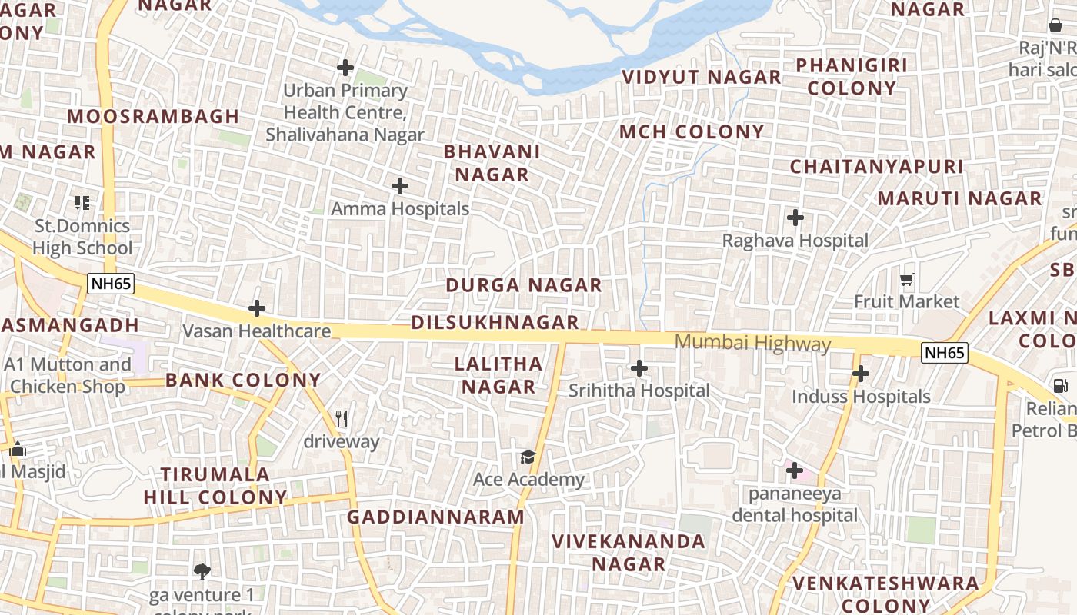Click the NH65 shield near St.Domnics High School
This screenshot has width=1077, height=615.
111,284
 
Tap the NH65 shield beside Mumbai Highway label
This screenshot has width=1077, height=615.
944,353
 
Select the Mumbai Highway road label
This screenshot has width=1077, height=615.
752,343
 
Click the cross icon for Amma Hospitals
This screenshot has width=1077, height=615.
400,186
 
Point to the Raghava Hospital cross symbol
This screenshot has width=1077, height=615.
795,218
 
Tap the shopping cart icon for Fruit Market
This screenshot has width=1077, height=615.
907,279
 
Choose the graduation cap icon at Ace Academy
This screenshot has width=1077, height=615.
528,457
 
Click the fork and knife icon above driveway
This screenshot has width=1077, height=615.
342,419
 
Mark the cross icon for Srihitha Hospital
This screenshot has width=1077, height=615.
639,368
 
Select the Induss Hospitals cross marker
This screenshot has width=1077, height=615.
861,374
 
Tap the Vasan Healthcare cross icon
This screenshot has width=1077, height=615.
257,309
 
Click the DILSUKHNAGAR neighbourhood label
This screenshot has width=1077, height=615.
495,322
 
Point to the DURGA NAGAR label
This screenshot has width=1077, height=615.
523,285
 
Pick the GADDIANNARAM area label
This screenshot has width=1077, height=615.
435,517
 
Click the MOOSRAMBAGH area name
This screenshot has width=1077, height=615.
153,116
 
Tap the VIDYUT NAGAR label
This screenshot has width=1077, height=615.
701,77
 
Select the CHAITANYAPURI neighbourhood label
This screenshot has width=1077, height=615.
876,166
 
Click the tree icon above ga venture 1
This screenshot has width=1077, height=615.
202,571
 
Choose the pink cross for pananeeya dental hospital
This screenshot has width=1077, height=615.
795,470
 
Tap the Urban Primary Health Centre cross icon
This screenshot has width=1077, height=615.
345,68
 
